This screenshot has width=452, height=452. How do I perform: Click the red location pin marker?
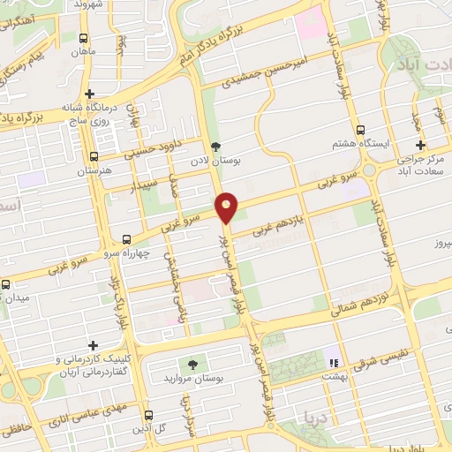point(228,207)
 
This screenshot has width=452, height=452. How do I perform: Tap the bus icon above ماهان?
point(84,39)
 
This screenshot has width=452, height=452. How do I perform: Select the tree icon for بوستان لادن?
point(215,147)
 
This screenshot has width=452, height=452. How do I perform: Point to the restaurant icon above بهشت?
point(333,362)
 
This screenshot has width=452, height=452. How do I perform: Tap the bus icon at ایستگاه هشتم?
point(359,130)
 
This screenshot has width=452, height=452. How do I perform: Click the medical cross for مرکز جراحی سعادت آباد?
point(420,146)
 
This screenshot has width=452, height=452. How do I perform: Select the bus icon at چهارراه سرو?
point(127,239)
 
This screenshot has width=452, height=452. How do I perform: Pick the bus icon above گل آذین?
point(148,414)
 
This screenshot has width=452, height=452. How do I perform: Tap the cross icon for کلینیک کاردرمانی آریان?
point(92,345)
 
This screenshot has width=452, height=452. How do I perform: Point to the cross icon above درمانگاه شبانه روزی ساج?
point(89,94)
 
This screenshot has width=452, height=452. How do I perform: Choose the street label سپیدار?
point(147,186)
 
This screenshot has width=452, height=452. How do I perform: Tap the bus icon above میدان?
point(5,284)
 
